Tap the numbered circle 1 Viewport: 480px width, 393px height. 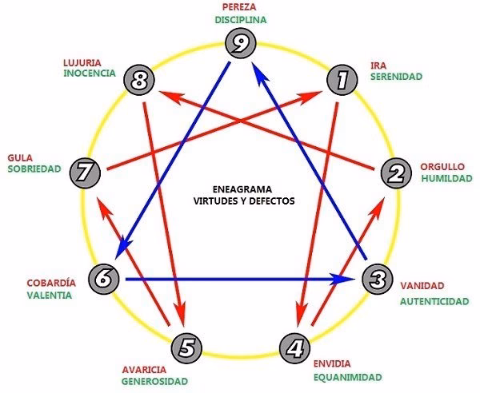(x=342, y=79)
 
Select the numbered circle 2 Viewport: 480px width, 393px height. (x=395, y=173)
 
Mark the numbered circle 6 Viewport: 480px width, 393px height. (x=103, y=279)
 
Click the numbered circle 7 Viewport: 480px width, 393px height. (x=84, y=172)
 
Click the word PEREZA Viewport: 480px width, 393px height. (x=240, y=7)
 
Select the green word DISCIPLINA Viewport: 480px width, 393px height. (x=240, y=19)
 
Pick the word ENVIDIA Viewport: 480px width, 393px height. (x=333, y=364)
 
